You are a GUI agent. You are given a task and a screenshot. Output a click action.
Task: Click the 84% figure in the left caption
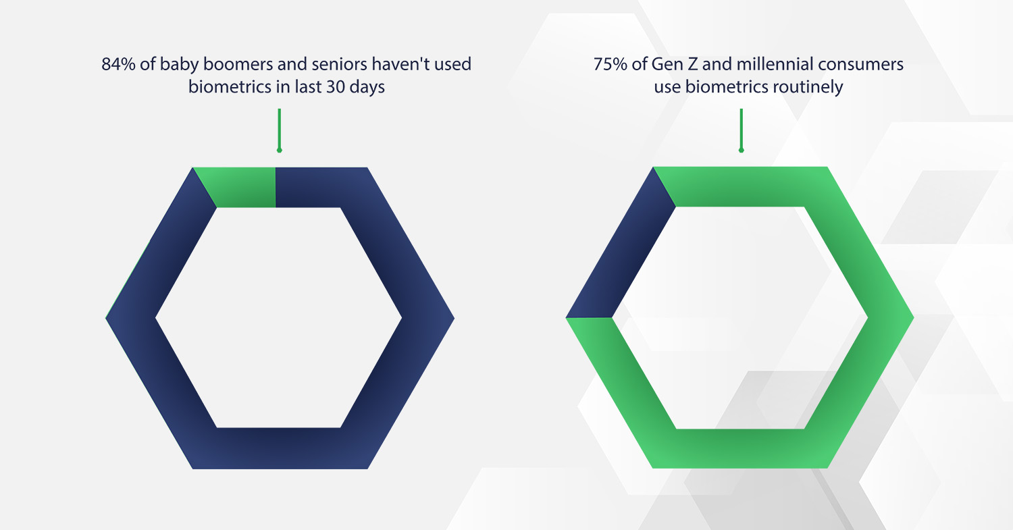118,64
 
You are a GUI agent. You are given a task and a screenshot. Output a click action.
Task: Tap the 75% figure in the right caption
610,64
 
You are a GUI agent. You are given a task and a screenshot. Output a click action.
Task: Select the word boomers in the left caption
238,64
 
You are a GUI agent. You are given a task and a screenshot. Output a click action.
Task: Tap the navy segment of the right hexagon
621,242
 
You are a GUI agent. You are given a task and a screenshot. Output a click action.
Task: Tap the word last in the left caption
309,87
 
